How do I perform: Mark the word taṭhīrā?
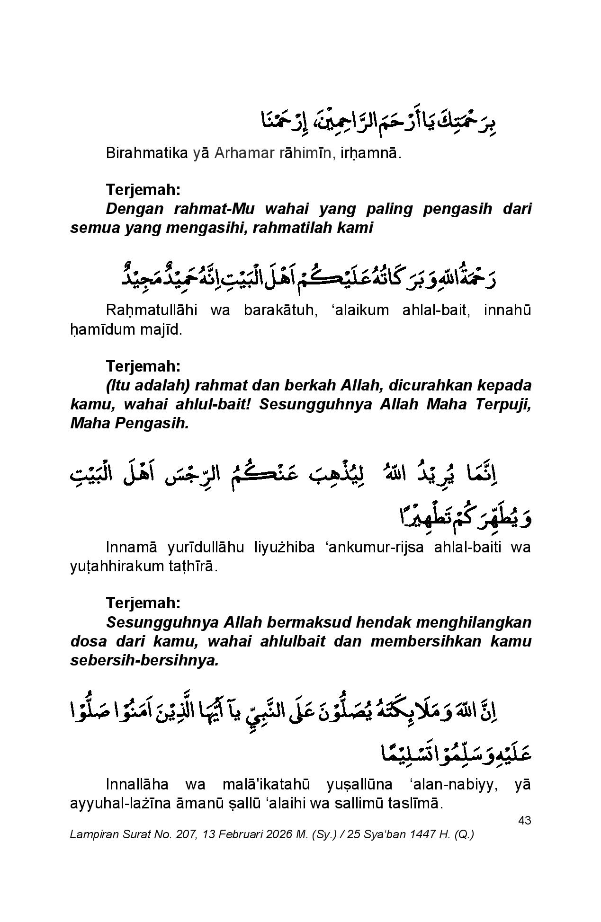click(191, 567)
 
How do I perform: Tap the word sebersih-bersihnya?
click(144, 661)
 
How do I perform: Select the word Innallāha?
click(137, 784)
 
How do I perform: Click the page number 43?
click(524, 820)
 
